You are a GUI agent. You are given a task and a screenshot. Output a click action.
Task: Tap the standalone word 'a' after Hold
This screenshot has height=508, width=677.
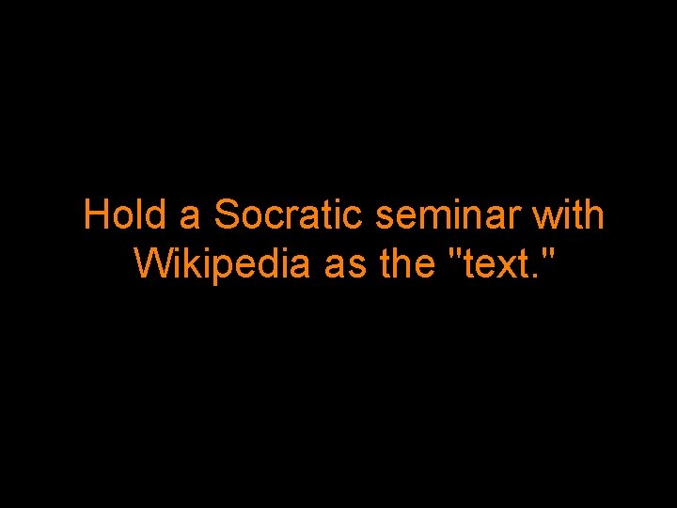[190, 217]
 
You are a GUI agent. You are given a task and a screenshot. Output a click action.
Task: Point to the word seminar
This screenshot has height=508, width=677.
[449, 215]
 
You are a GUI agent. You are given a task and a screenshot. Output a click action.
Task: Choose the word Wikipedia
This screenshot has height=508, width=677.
[221, 265]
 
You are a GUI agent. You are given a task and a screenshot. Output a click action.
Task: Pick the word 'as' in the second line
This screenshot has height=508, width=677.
[345, 267]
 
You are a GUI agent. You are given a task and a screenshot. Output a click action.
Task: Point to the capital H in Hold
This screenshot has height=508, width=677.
[96, 215]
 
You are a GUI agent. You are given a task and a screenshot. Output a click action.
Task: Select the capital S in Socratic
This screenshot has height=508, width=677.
[228, 215]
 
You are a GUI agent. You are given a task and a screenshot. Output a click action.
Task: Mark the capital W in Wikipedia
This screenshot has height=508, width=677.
[151, 264]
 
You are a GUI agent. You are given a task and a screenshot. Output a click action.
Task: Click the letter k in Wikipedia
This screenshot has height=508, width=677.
[188, 264]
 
